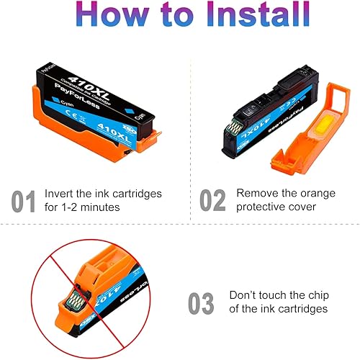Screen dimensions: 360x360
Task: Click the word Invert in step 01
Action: (x=58, y=194)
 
